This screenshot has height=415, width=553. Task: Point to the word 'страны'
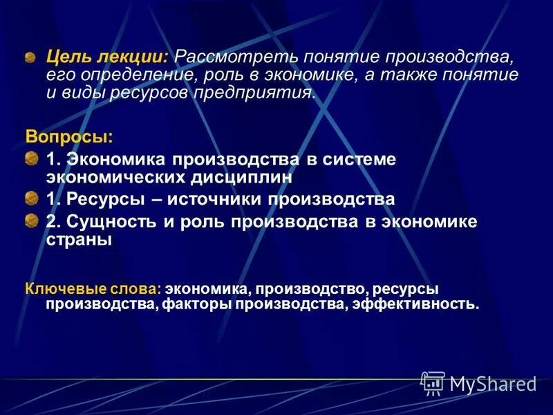click(79, 241)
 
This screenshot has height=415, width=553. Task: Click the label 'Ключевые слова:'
click(94, 288)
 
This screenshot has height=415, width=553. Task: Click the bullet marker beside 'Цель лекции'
click(31, 57)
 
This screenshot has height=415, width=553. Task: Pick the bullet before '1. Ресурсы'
click(31, 201)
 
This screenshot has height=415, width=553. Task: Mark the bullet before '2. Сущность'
click(31, 223)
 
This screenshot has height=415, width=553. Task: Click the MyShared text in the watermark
click(493, 384)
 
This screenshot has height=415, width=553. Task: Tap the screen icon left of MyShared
click(433, 383)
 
